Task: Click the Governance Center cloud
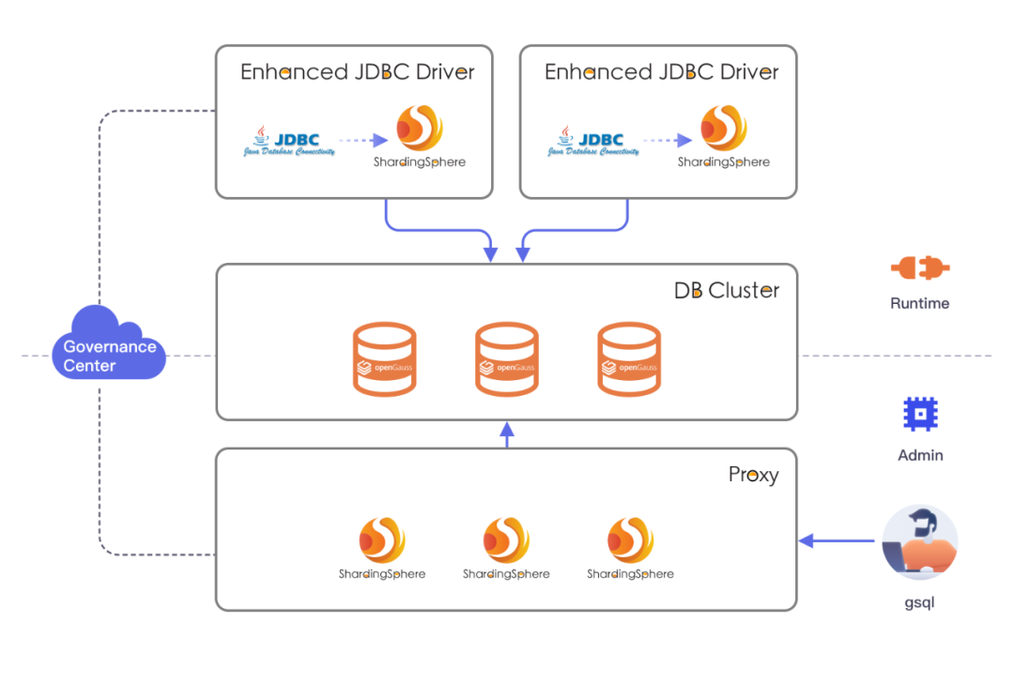(x=109, y=343)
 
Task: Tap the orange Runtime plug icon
(x=919, y=267)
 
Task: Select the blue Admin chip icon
(x=920, y=414)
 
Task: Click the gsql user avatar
(x=919, y=541)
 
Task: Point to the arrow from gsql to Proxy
(x=837, y=540)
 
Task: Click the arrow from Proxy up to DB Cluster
(x=507, y=434)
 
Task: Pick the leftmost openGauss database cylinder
(x=384, y=358)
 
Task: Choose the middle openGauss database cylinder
(x=506, y=358)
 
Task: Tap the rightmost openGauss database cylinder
(x=628, y=358)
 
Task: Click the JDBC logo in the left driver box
(x=289, y=141)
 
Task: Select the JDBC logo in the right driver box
(x=593, y=141)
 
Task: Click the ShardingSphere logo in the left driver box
(x=420, y=136)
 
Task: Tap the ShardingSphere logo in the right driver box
(x=724, y=136)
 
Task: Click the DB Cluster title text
(x=726, y=291)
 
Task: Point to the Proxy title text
(x=753, y=475)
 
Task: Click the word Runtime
(x=919, y=303)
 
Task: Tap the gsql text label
(x=919, y=602)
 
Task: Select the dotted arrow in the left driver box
(x=363, y=140)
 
